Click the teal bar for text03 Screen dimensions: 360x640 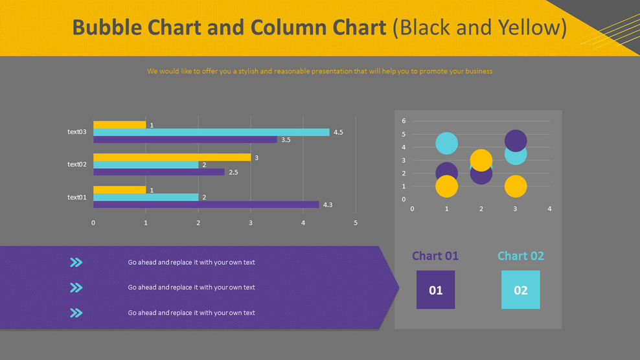click(x=211, y=132)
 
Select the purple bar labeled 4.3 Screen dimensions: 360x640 click(x=206, y=205)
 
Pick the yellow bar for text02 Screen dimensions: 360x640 click(x=172, y=157)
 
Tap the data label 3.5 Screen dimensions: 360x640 click(x=286, y=140)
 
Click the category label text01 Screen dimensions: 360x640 click(x=76, y=197)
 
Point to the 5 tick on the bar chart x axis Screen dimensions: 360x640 click(x=356, y=223)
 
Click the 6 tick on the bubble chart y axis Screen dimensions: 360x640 click(x=404, y=121)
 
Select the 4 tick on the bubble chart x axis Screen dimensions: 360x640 click(x=549, y=209)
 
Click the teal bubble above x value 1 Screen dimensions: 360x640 click(x=446, y=143)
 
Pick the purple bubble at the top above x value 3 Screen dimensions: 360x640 click(x=515, y=140)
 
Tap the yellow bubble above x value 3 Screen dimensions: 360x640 click(x=515, y=186)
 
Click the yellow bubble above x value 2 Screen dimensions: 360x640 click(x=481, y=160)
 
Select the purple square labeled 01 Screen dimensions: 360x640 click(x=435, y=290)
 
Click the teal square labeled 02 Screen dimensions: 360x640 click(x=520, y=290)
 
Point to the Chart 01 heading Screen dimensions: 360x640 click(x=435, y=256)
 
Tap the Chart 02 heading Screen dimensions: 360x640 click(x=520, y=256)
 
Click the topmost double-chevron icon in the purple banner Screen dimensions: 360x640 click(x=76, y=262)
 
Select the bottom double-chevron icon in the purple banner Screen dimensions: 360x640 click(x=76, y=313)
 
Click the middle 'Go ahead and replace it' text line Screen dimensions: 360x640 click(x=191, y=287)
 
